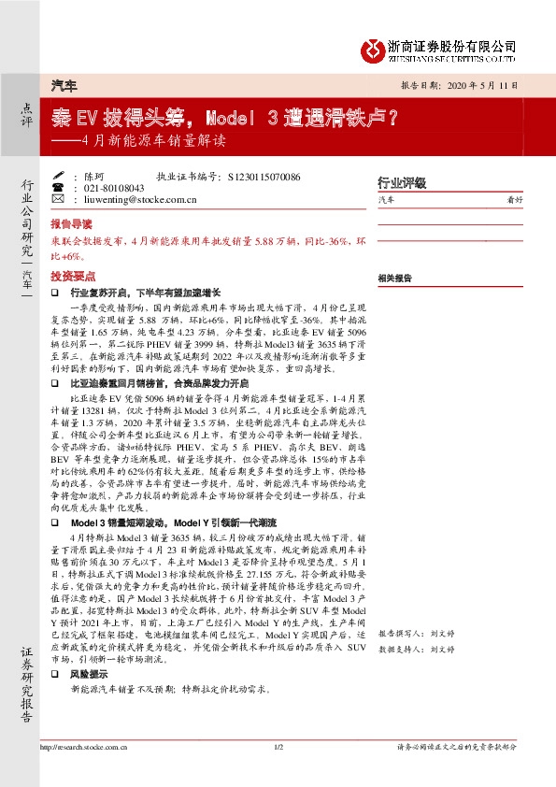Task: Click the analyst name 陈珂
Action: point(93,176)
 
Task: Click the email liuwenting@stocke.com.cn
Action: point(139,199)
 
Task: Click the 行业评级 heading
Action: point(401,182)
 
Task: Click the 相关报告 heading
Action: point(395,279)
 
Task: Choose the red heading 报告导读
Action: point(71,225)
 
